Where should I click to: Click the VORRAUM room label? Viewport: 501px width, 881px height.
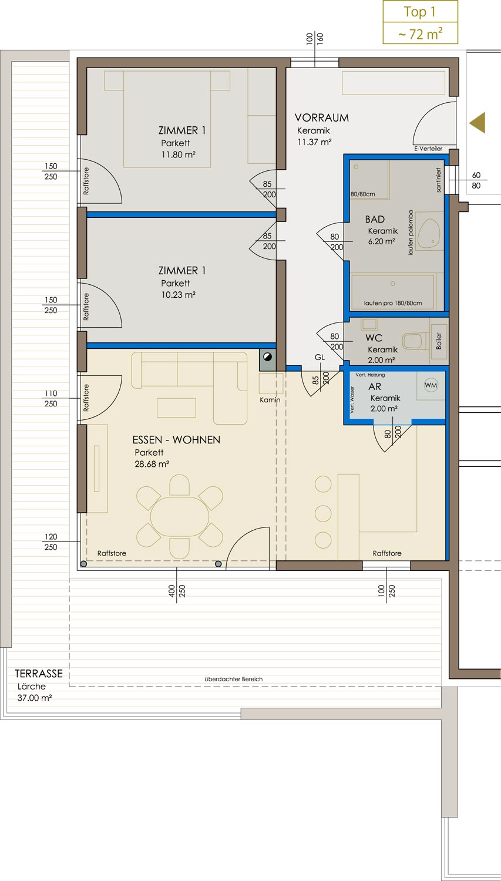pyautogui.click(x=322, y=117)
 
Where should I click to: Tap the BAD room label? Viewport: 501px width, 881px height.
pyautogui.click(x=375, y=219)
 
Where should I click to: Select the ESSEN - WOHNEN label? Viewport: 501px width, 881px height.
pyautogui.click(x=176, y=440)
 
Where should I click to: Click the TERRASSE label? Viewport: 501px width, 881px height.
pyautogui.click(x=39, y=674)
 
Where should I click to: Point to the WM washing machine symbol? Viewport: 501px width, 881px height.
pyautogui.click(x=431, y=385)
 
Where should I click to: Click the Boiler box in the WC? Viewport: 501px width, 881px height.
pyautogui.click(x=439, y=341)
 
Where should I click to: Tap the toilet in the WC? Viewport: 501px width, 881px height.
pyautogui.click(x=415, y=341)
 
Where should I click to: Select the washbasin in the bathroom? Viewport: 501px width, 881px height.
pyautogui.click(x=429, y=233)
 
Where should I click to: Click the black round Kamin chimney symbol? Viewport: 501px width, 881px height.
pyautogui.click(x=267, y=357)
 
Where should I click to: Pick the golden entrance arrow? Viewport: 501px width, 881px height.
pyautogui.click(x=477, y=123)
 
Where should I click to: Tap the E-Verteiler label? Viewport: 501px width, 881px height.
pyautogui.click(x=428, y=149)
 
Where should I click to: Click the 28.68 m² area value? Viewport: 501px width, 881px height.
pyautogui.click(x=152, y=464)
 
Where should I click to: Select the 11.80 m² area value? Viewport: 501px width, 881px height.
pyautogui.click(x=178, y=154)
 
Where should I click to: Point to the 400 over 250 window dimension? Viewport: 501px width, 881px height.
pyautogui.click(x=177, y=591)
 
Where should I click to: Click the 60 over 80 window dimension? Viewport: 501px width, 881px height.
pyautogui.click(x=476, y=180)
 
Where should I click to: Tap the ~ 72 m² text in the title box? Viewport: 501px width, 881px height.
pyautogui.click(x=420, y=34)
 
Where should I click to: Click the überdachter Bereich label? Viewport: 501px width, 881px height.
pyautogui.click(x=234, y=679)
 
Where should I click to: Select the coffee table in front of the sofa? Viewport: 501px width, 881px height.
pyautogui.click(x=176, y=408)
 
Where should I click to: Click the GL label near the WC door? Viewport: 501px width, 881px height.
pyautogui.click(x=320, y=357)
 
